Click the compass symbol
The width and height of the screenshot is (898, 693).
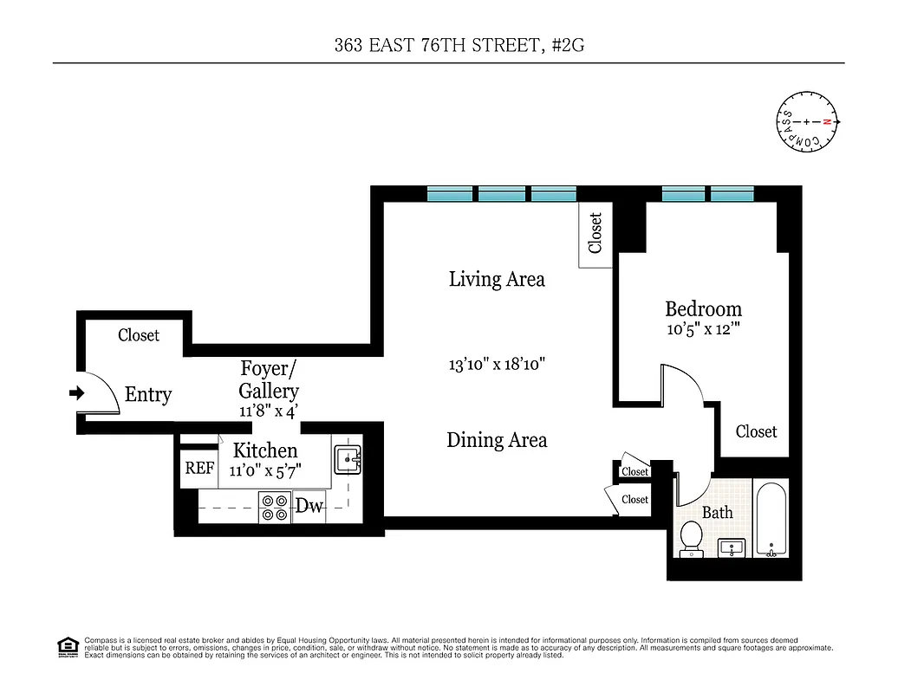click(807, 122)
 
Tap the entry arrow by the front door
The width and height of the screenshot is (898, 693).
click(76, 393)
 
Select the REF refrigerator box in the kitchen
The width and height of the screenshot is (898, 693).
click(199, 468)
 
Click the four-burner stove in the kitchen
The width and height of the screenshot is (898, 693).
click(276, 507)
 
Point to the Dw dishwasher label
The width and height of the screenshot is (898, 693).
click(309, 506)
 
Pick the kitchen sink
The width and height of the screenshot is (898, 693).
click(348, 460)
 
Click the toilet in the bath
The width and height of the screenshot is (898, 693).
click(692, 538)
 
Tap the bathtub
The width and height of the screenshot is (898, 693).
click(770, 520)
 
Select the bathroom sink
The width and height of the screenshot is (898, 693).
click(733, 547)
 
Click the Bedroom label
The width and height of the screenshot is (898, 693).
click(703, 308)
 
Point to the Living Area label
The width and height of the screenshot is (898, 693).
click(497, 279)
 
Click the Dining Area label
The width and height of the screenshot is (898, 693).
click(497, 440)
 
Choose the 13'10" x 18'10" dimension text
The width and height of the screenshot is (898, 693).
click(497, 365)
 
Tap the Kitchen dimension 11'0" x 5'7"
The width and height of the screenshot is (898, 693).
click(265, 471)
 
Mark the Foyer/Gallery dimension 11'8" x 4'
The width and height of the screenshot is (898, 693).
click(269, 411)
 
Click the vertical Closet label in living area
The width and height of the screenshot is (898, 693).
click(595, 233)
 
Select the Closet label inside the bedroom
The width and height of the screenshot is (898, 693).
click(756, 431)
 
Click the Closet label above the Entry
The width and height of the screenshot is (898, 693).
click(139, 334)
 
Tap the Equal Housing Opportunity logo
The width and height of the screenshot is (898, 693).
click(67, 646)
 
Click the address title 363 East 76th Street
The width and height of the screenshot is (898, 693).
click(448, 45)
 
